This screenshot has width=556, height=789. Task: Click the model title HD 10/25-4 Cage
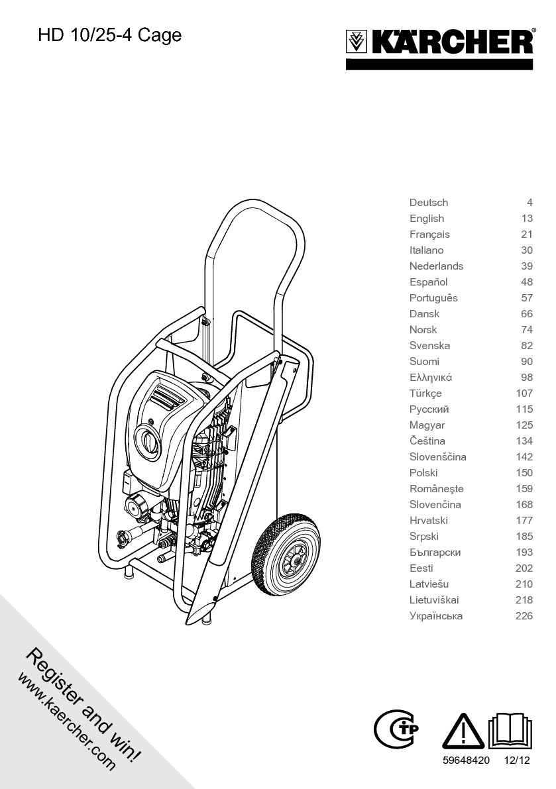(x=109, y=35)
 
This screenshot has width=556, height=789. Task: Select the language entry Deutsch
(x=428, y=203)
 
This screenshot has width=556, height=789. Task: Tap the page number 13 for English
(x=527, y=219)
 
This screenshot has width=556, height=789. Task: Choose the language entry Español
(x=428, y=282)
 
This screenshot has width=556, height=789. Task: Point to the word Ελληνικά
(x=430, y=378)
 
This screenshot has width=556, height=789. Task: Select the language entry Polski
(x=423, y=473)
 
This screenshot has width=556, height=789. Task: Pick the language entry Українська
(x=436, y=616)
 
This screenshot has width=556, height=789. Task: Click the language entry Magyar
(x=427, y=425)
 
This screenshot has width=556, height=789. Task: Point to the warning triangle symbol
(x=463, y=733)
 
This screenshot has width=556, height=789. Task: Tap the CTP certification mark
(x=396, y=731)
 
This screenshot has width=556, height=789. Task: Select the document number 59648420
(x=466, y=761)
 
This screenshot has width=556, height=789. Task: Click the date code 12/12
(x=517, y=761)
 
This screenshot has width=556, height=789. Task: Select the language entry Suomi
(x=424, y=362)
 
